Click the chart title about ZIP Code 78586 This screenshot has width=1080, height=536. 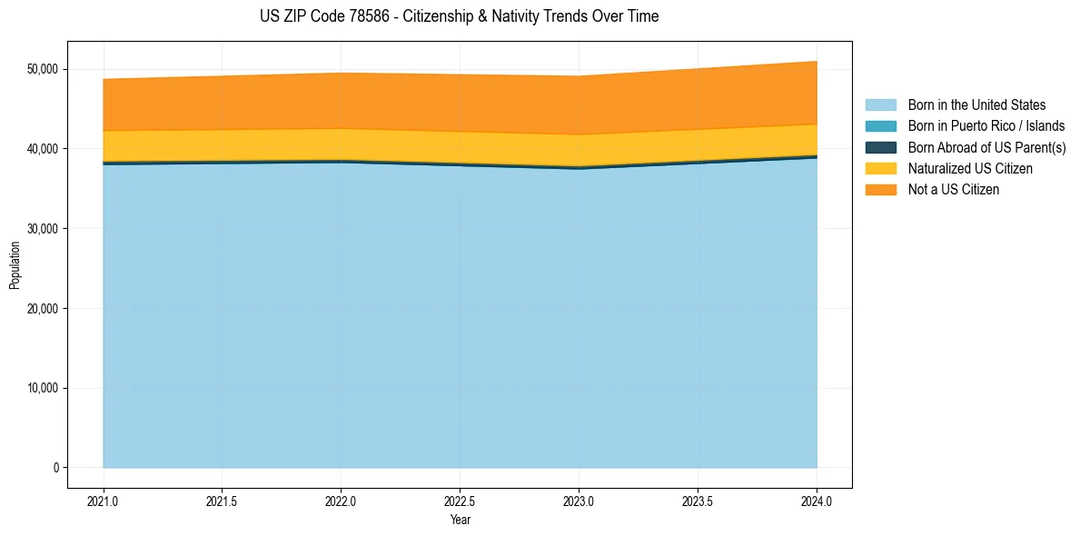460,16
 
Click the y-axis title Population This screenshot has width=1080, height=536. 15,264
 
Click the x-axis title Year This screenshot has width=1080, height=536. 460,520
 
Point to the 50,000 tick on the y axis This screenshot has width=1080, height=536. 42,69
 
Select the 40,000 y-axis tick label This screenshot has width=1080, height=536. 42,149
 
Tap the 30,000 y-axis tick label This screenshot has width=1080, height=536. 42,229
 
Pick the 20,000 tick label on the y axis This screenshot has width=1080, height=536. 42,309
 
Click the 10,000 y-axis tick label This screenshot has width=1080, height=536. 42,389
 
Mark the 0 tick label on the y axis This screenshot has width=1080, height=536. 55,468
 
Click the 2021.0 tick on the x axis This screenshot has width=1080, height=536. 104,500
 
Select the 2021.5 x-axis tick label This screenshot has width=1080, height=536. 223,500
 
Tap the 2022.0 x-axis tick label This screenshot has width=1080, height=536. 342,500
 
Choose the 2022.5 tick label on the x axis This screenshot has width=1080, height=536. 461,500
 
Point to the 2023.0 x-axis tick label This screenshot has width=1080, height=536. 580,500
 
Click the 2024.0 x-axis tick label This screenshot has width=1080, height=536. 817,500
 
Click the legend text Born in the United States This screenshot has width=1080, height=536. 976,105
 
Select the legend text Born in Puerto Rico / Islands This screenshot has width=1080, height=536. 986,126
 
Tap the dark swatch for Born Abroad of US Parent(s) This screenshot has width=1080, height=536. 880,147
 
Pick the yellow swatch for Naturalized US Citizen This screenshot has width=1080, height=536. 880,169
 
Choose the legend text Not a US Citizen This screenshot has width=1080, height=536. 953,190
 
